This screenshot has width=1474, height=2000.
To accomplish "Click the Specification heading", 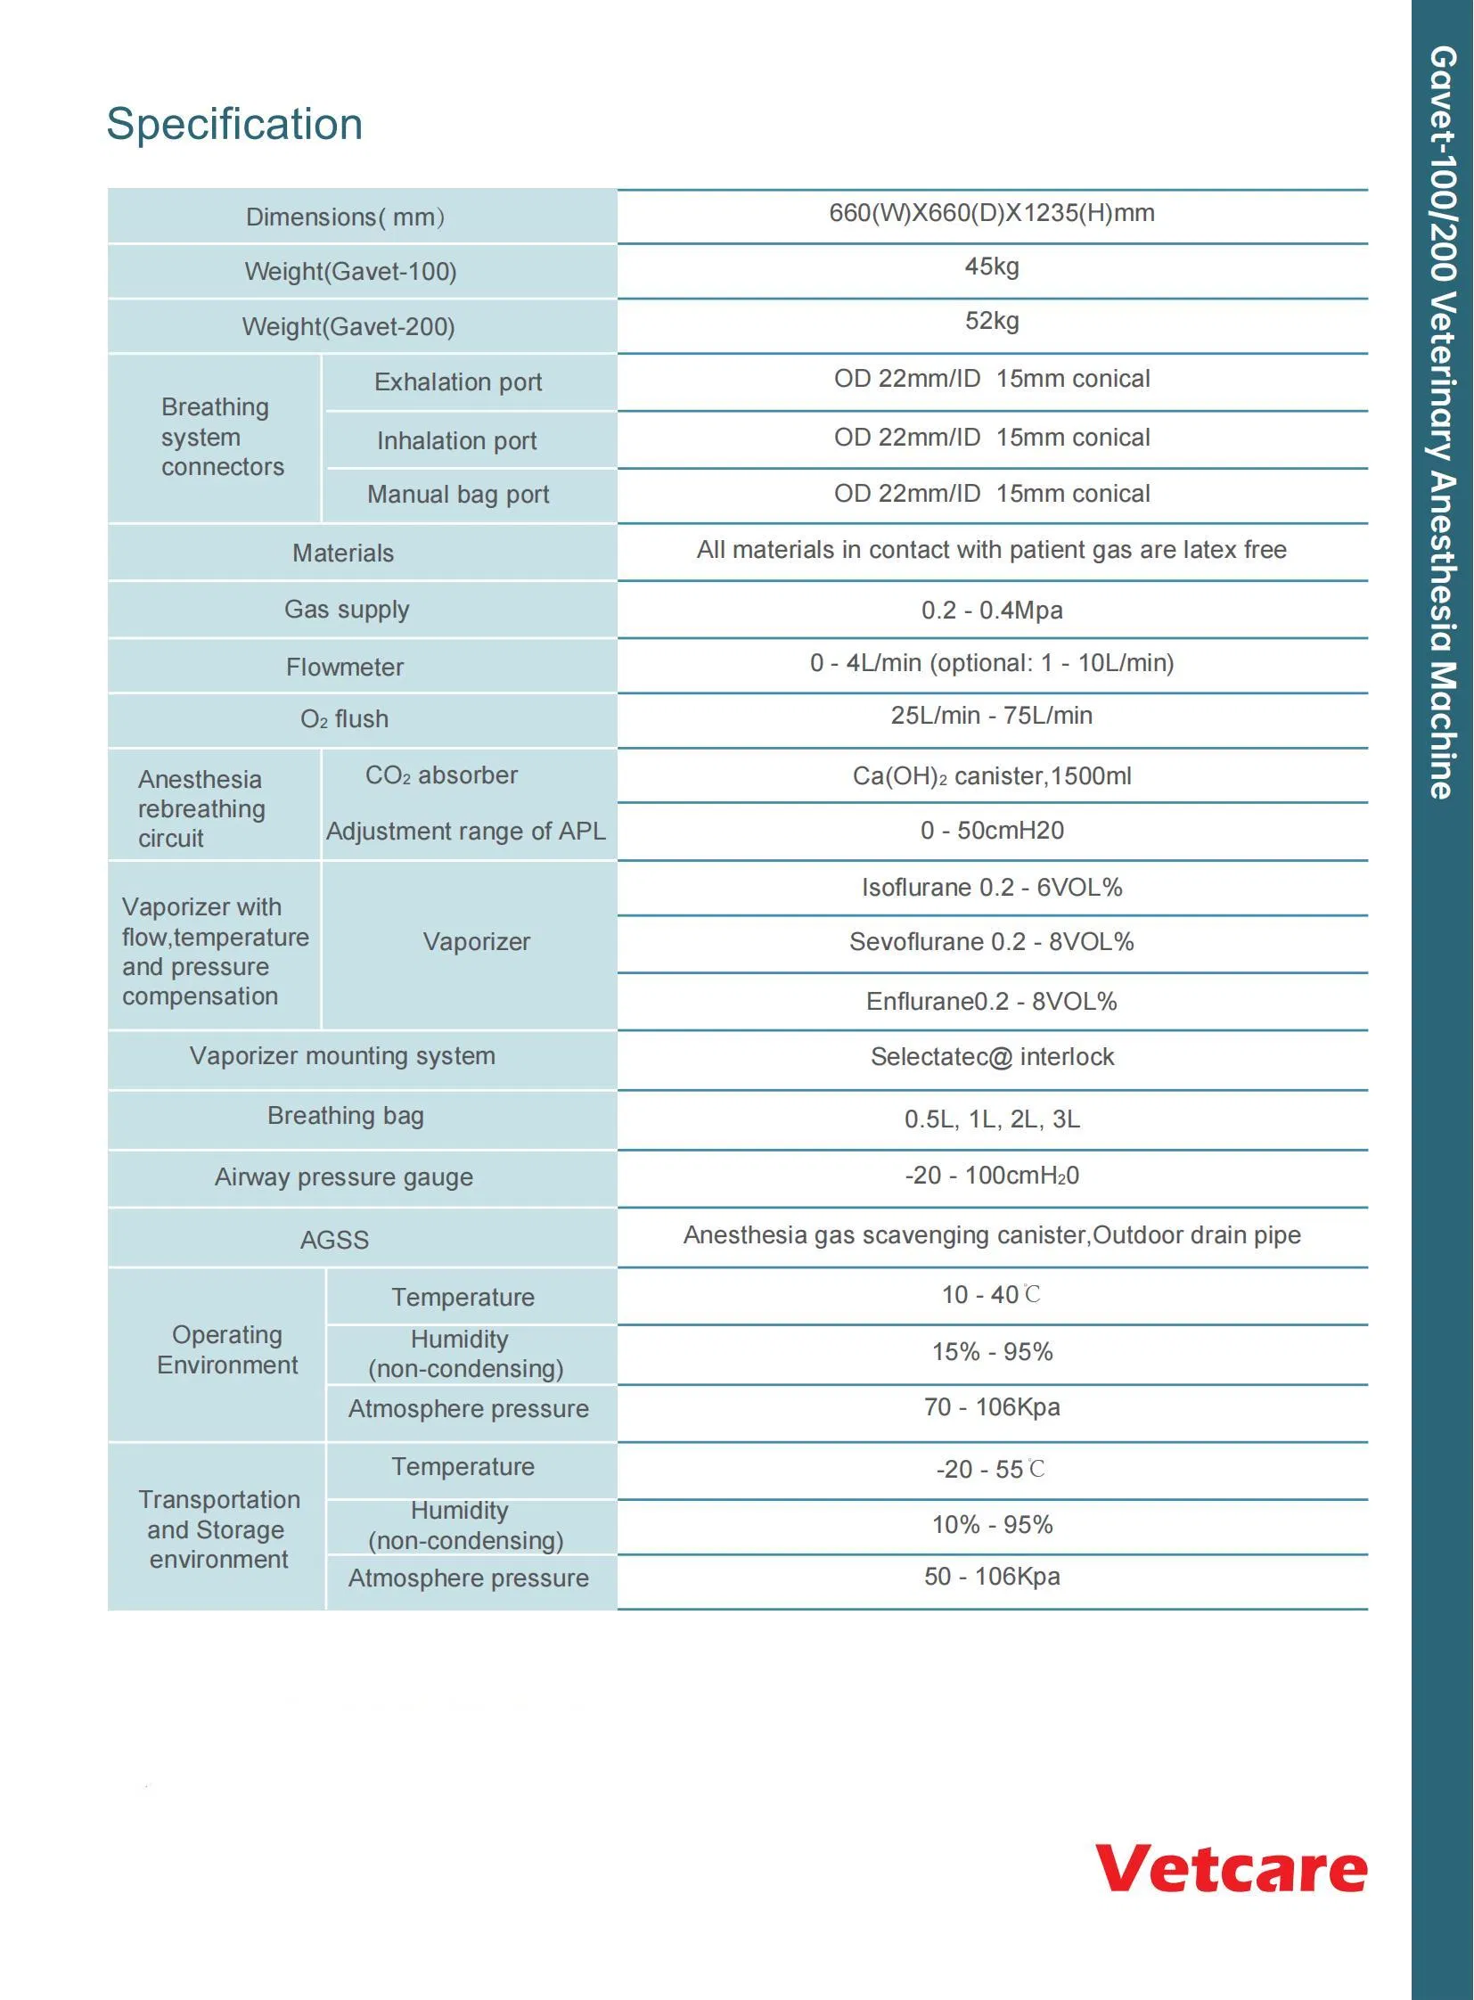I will click(234, 124).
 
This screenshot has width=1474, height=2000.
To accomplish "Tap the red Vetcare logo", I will click(1231, 1868).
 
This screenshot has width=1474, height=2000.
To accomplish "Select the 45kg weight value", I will click(991, 266).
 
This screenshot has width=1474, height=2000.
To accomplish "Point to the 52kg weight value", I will click(991, 321).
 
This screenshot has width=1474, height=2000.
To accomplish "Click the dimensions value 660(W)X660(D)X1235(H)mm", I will click(991, 213).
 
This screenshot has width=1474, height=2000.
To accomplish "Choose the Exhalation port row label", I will click(458, 382).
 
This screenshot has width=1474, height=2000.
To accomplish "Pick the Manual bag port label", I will click(458, 495).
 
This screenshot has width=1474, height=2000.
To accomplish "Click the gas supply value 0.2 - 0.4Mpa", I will click(991, 611).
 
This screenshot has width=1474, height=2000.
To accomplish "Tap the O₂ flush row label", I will click(344, 719).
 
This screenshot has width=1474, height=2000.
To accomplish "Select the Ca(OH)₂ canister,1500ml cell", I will click(991, 776).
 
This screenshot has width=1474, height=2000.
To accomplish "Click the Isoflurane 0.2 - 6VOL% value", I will click(991, 888).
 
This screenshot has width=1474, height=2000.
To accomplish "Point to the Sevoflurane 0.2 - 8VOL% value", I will click(991, 942).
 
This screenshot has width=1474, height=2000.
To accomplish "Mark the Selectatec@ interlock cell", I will click(991, 1058).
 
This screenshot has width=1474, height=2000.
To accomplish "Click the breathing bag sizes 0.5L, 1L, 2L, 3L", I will click(991, 1119).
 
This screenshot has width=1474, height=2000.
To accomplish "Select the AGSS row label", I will click(334, 1240).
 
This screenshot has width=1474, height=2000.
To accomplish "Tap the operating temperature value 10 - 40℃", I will click(991, 1295).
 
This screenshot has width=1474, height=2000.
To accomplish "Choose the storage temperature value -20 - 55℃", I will click(991, 1469).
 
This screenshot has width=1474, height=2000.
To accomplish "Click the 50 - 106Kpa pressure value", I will click(991, 1577).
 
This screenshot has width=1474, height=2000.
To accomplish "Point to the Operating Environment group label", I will click(227, 1349).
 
